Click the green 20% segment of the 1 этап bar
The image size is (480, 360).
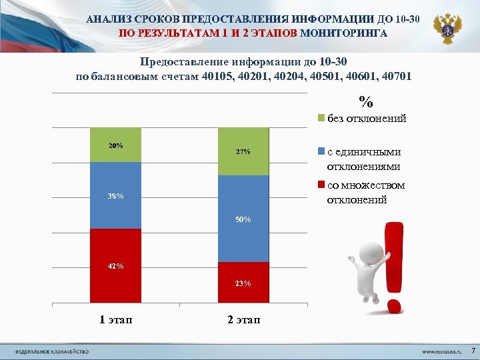click(115, 145)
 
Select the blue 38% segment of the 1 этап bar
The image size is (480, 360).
click(115, 195)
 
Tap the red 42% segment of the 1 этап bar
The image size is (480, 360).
click(115, 266)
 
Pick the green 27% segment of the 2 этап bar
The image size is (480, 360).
click(243, 151)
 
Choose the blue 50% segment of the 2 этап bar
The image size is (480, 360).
click(243, 219)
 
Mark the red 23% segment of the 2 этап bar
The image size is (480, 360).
click(243, 283)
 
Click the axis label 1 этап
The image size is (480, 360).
click(116, 320)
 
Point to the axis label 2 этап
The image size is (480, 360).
click(243, 320)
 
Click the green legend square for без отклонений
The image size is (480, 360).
click(321, 119)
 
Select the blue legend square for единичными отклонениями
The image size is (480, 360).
click(321, 151)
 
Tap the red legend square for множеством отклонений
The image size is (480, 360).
click(321, 185)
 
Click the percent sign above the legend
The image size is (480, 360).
click(366, 102)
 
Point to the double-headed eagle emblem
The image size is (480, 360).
click(447, 29)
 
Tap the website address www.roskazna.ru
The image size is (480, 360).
click(441, 351)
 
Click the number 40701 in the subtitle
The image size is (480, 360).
click(396, 76)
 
